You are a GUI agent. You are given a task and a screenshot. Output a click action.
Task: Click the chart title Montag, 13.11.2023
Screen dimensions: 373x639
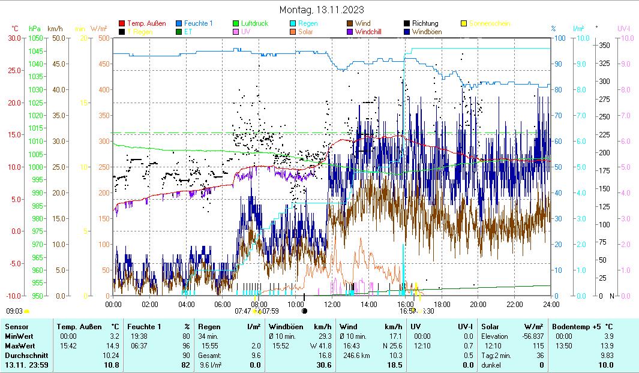click(x=322, y=10)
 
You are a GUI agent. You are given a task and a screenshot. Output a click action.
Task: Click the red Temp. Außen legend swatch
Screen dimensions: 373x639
click(x=122, y=24)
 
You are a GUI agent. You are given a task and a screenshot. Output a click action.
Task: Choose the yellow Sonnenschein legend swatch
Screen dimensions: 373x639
click(x=463, y=24)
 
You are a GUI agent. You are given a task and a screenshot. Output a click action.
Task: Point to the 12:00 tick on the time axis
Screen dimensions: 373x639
click(x=332, y=305)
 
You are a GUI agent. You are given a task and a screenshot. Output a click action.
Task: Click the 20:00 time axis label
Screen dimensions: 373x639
click(x=478, y=305)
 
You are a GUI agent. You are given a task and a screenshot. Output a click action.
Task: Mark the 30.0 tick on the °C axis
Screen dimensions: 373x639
click(x=13, y=38)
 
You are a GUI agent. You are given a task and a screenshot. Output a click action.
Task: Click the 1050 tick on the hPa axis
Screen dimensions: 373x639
click(x=36, y=38)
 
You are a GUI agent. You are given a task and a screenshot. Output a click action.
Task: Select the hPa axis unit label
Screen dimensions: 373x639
click(x=35, y=28)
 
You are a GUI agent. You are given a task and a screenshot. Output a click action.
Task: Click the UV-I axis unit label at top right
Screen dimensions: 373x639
click(x=623, y=28)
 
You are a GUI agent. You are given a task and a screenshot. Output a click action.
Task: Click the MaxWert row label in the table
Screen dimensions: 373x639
click(x=20, y=345)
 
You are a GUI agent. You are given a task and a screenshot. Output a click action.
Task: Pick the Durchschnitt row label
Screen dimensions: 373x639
click(x=24, y=355)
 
